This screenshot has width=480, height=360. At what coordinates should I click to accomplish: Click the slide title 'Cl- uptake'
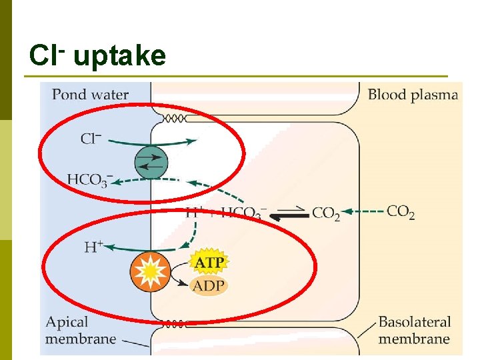pyautogui.click(x=97, y=56)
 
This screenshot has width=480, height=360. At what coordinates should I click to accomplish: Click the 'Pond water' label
pyautogui.click(x=90, y=94)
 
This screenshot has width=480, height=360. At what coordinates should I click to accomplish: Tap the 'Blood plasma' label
pyautogui.click(x=413, y=94)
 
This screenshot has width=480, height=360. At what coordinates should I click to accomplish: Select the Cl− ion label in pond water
pyautogui.click(x=91, y=139)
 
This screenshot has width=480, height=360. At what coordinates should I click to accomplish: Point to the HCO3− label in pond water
pyautogui.click(x=90, y=179)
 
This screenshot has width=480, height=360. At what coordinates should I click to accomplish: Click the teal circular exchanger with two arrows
pyautogui.click(x=151, y=161)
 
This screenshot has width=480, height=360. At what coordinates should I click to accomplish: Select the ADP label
pyautogui.click(x=209, y=287)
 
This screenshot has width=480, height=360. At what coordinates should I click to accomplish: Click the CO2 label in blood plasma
pyautogui.click(x=401, y=212)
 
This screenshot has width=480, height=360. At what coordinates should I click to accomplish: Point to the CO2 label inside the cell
pyautogui.click(x=326, y=213)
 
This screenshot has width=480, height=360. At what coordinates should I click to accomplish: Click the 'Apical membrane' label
pyautogui.click(x=80, y=330)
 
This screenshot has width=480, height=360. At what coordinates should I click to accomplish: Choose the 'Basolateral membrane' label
pyautogui.click(x=414, y=330)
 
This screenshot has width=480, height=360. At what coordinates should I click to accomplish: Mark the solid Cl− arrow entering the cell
pyautogui.click(x=153, y=141)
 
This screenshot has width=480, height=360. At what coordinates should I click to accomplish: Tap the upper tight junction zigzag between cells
pyautogui.click(x=175, y=118)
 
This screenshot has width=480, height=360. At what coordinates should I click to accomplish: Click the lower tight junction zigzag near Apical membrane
pyautogui.click(x=175, y=324)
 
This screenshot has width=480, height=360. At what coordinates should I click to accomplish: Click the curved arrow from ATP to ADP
pyautogui.click(x=177, y=275)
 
